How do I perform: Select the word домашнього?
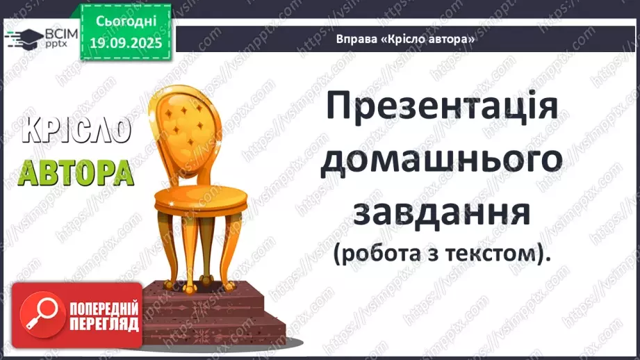(x=442, y=162)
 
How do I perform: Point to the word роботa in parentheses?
(x=379, y=254)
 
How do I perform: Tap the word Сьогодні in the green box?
(x=125, y=22)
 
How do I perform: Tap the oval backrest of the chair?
(x=183, y=119)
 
